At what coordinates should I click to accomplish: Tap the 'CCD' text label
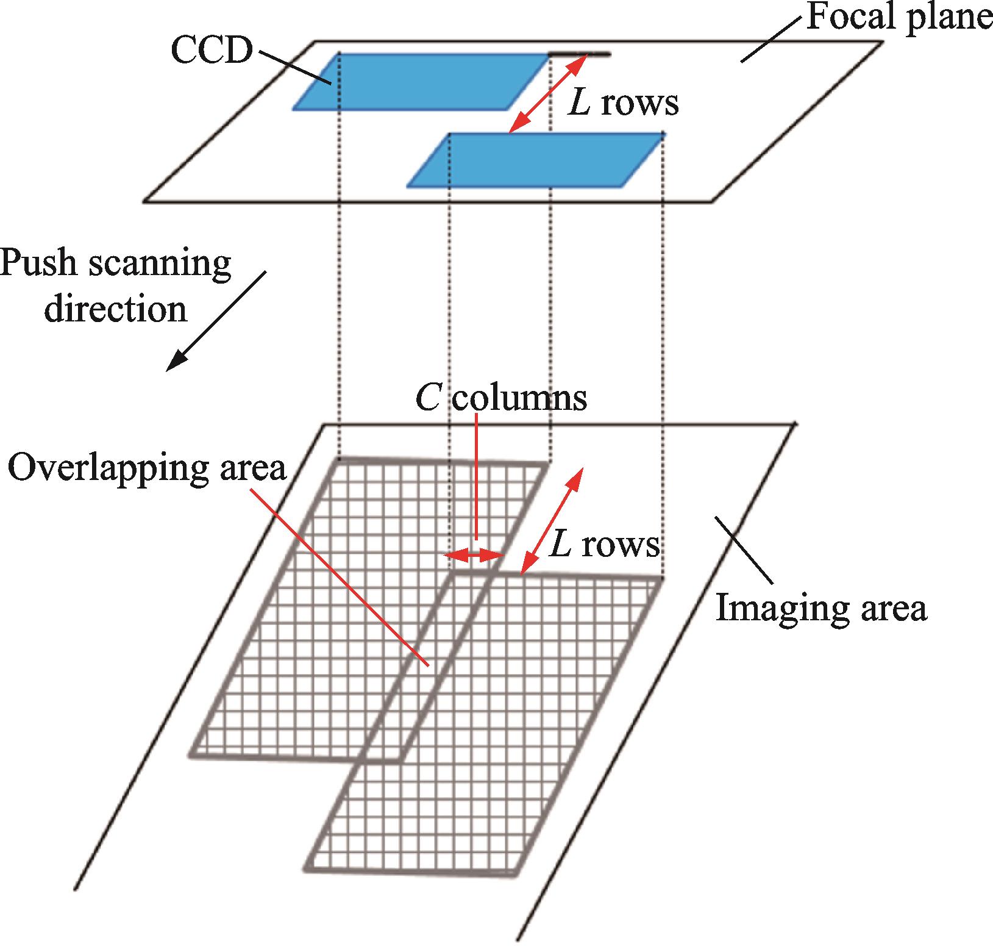point(212,51)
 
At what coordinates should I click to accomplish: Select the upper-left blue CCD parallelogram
point(421,81)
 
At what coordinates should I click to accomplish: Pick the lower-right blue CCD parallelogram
point(536,159)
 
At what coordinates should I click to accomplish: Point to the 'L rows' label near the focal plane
point(622,104)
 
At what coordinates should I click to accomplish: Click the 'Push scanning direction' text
point(116,286)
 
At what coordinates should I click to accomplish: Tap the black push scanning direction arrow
point(216,321)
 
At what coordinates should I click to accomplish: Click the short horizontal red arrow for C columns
point(474,555)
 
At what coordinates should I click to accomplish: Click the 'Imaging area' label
point(821,607)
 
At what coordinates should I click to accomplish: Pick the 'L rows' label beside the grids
point(603,545)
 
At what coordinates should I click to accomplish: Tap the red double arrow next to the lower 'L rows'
point(553,521)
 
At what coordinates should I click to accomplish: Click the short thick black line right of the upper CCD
point(579,54)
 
